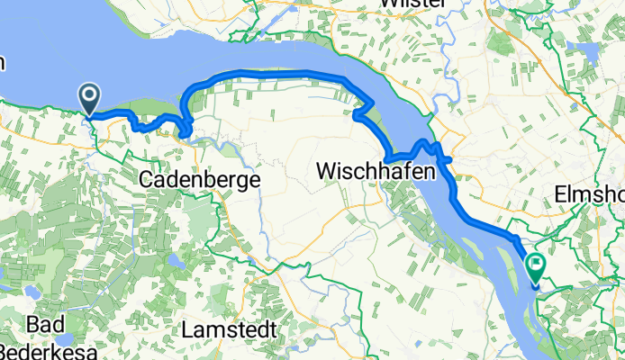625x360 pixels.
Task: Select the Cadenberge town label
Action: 200,180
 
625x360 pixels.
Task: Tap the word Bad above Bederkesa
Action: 46,323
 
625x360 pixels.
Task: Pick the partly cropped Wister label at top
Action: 414,4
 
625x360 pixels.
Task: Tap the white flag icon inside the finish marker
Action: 536,265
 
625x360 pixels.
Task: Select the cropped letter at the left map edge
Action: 3,63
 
